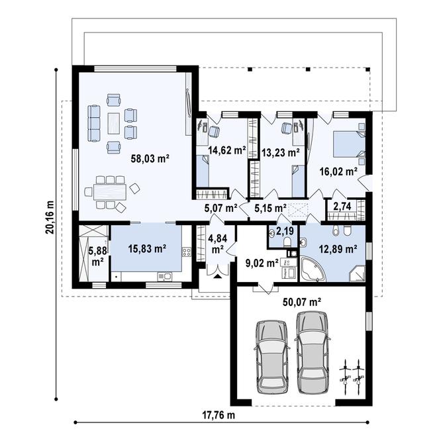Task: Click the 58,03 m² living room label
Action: tap(150, 159)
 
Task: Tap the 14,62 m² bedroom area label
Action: tap(227, 150)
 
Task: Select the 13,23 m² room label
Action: tap(281, 152)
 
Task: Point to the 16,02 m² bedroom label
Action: tap(338, 171)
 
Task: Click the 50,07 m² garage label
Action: tap(302, 301)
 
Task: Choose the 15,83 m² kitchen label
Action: tap(147, 248)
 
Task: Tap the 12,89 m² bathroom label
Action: tap(338, 248)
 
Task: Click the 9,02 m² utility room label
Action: tap(262, 262)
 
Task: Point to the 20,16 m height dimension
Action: tap(50, 217)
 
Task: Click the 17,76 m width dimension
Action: tap(218, 415)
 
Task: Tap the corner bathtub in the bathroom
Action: tap(312, 269)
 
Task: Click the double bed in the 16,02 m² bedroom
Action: tap(350, 144)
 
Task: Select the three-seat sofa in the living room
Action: tap(94, 123)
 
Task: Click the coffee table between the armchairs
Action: tap(114, 123)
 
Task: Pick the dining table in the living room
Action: tap(110, 191)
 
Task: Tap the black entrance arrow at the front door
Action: tap(217, 276)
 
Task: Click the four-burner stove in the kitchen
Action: tap(187, 252)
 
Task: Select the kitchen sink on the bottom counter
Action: tap(165, 277)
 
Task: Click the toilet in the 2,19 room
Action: tap(287, 242)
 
